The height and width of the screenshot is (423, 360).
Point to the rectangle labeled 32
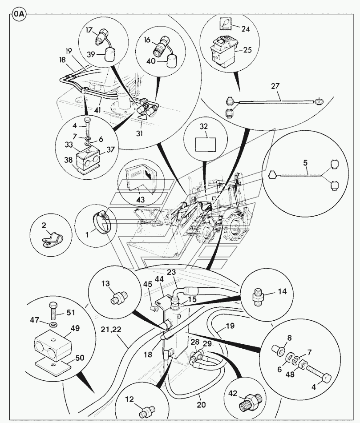point(206,145)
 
